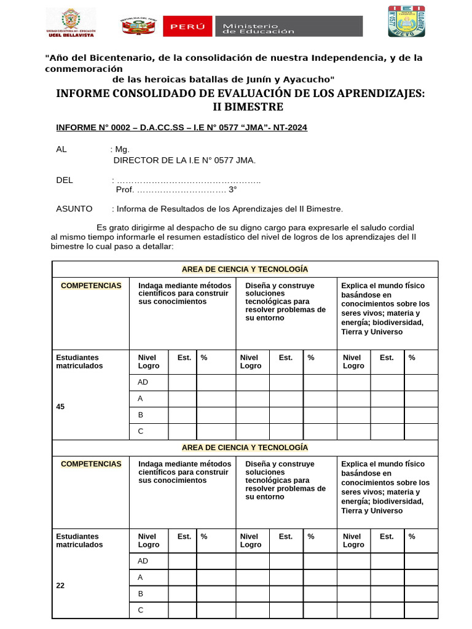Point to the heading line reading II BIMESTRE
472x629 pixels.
(248, 107)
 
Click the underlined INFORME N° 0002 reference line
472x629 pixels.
(181, 128)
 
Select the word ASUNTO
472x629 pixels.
(74, 209)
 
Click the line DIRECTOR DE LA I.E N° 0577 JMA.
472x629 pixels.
(185, 160)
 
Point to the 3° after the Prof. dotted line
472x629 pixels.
(233, 190)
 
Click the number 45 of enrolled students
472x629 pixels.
(60, 407)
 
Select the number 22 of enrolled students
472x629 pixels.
(60, 586)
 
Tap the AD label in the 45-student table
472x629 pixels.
(143, 382)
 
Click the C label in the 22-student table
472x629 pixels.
(141, 610)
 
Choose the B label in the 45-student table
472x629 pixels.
(141, 415)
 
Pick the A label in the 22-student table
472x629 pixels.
(141, 577)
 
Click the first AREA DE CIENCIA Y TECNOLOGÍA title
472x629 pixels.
(245, 269)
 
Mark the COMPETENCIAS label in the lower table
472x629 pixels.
(91, 464)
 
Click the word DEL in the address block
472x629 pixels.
(65, 180)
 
